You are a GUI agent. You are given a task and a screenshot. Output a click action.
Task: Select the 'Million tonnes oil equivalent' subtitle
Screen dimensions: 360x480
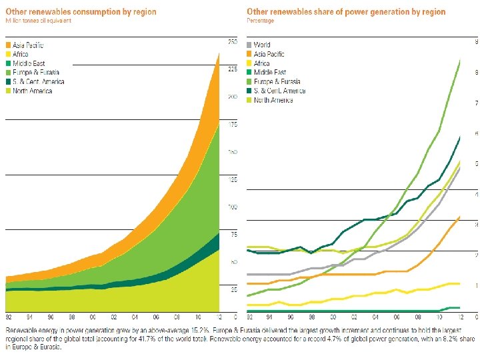[38, 21]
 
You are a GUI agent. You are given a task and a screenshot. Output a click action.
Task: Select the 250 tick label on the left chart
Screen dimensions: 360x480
[233, 41]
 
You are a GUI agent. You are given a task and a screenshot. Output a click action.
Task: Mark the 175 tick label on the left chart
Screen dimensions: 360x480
[233, 124]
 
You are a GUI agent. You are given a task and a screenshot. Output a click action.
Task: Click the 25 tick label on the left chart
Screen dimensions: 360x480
[233, 289]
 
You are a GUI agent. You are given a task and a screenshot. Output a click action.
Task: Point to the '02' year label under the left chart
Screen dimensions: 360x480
[114, 317]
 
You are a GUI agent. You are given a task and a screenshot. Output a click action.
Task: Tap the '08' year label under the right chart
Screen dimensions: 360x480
[417, 317]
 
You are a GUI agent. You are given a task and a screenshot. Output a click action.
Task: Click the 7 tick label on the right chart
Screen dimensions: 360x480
[475, 103]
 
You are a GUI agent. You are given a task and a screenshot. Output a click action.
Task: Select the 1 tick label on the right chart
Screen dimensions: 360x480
[475, 285]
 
